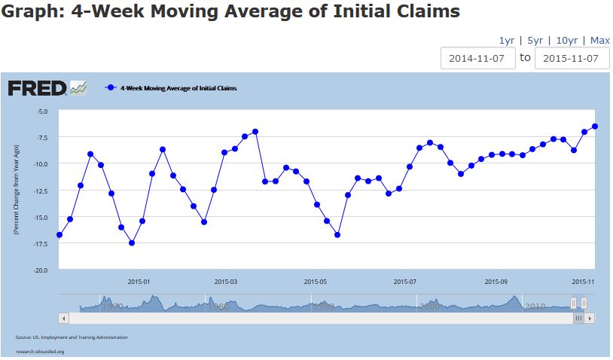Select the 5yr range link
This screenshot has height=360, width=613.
tap(535, 40)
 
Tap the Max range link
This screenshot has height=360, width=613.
tap(599, 40)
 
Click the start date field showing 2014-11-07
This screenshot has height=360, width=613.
tap(478, 58)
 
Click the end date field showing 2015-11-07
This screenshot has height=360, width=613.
tap(572, 58)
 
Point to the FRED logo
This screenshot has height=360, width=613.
tap(38, 88)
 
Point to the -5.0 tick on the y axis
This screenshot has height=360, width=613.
tap(41, 111)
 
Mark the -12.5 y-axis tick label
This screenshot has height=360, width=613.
tap(40, 191)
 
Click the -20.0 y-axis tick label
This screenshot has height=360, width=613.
tap(40, 270)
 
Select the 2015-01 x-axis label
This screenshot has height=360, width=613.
tap(139, 282)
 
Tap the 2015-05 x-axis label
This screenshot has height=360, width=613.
tap(316, 282)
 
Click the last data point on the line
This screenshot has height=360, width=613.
tap(595, 126)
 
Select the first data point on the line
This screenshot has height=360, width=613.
tap(59, 235)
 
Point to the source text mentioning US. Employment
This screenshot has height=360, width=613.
tap(72, 337)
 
